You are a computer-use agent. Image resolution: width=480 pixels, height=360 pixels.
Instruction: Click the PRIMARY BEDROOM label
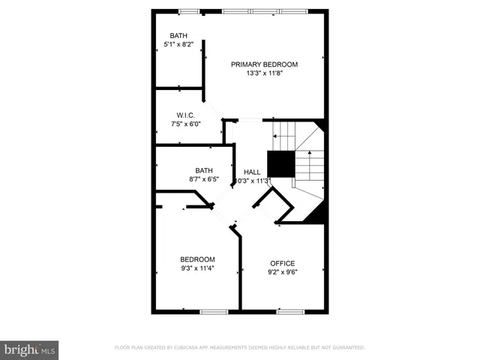click(x=264, y=64)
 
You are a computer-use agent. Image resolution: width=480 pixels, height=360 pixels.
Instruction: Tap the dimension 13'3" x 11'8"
click(x=264, y=73)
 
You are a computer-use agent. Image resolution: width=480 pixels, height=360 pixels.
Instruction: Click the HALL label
click(x=252, y=172)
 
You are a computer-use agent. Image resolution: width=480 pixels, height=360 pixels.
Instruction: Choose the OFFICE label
click(x=282, y=263)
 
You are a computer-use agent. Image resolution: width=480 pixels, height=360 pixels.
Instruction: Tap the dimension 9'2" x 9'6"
click(x=282, y=273)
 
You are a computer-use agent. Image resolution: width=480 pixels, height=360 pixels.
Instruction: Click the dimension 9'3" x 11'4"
click(x=197, y=268)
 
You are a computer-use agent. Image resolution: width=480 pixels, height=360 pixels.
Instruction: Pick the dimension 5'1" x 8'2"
click(x=178, y=45)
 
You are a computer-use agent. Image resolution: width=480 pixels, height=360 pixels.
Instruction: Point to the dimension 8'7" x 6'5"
click(x=204, y=179)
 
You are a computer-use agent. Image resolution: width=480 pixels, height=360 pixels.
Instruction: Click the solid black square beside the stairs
click(x=280, y=163)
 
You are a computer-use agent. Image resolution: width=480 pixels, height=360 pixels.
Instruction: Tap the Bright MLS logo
click(x=30, y=349)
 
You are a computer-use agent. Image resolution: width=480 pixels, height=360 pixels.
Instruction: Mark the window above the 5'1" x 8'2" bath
click(x=189, y=11)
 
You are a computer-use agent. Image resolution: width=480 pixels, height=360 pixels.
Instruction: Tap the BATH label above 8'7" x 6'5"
click(x=204, y=170)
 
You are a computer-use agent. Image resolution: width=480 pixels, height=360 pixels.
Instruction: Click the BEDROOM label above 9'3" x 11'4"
click(x=197, y=259)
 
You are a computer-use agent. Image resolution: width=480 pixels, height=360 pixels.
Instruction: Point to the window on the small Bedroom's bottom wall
click(x=213, y=310)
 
